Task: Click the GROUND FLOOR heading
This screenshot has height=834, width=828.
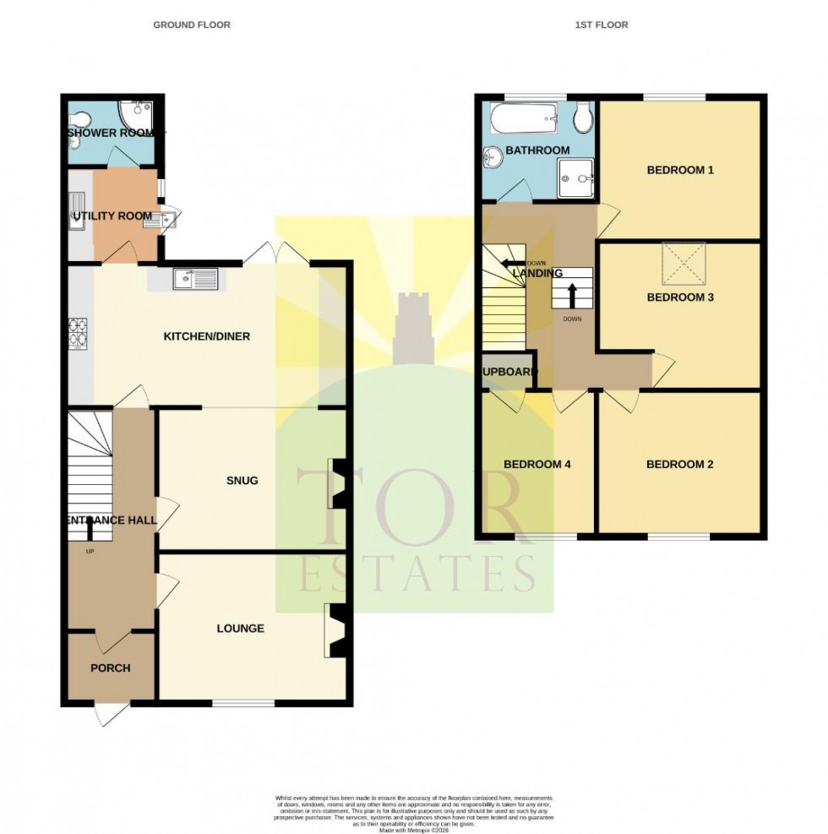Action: point(191,25)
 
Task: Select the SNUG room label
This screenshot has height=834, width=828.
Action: point(241,481)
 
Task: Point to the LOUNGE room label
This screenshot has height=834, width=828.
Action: point(240,628)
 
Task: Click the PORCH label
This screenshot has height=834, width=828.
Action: point(111,668)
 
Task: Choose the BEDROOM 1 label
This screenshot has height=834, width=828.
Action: point(680,170)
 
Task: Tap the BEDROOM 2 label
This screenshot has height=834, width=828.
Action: point(680,464)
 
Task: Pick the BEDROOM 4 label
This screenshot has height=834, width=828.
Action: point(537,464)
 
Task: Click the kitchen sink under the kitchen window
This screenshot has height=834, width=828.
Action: point(195,278)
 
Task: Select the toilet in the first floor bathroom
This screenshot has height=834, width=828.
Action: point(581,118)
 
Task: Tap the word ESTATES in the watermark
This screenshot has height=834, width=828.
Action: point(414,574)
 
